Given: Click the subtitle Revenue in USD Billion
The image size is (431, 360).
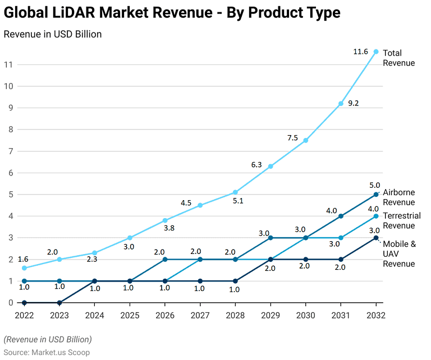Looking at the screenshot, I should [x=53, y=34].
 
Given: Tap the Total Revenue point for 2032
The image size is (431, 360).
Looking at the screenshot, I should [x=376, y=52].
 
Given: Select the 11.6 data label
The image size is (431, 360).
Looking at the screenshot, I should [x=360, y=52].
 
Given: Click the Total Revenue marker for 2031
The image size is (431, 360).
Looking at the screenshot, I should [x=341, y=104].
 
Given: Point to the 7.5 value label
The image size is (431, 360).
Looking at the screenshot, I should [x=293, y=138].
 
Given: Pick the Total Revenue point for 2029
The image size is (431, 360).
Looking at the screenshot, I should [x=270, y=167].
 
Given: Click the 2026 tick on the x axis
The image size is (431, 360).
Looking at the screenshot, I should [x=164, y=315].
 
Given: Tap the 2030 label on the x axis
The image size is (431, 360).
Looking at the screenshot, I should [x=306, y=315].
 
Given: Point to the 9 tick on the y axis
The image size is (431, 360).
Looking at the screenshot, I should [x=8, y=108].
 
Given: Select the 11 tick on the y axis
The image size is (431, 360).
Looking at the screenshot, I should [x=7, y=64].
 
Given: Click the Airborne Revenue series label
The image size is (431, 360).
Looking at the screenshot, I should [x=398, y=197].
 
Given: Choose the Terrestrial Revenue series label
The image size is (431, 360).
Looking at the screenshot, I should [x=401, y=220].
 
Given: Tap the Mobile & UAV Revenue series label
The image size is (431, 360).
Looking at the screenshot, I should [x=399, y=253].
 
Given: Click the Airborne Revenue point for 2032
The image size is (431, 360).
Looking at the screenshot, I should [x=376, y=195].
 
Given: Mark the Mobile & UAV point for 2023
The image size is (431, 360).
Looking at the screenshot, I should [x=59, y=302].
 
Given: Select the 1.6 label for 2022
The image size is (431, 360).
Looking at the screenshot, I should [x=23, y=259].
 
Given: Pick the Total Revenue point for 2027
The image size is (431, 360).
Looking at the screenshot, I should [x=200, y=205].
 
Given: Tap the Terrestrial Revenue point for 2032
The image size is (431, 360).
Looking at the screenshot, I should [x=376, y=216].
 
